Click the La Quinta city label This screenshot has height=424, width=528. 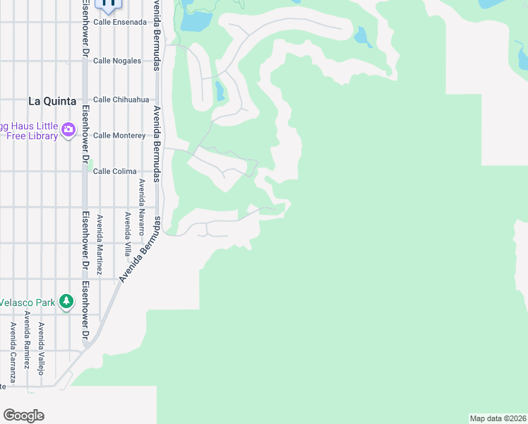tap(52, 101)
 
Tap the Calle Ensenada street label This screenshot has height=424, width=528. tap(120, 22)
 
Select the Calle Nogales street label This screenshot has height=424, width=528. tap(117, 61)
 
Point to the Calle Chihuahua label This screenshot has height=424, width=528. tap(121, 100)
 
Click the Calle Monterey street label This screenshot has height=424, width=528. tap(119, 135)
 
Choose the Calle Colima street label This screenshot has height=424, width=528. tap(114, 171)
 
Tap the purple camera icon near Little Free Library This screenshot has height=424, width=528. tap(68, 129)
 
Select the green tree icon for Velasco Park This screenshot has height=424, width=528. tap(66, 302)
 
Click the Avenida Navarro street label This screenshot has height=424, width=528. tap(141, 207)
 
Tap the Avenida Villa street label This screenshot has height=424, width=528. tap(128, 234)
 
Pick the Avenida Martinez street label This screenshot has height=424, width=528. tap(100, 245)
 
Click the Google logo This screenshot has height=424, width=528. tap(23, 416)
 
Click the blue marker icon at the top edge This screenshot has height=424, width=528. tap(109, 4)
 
